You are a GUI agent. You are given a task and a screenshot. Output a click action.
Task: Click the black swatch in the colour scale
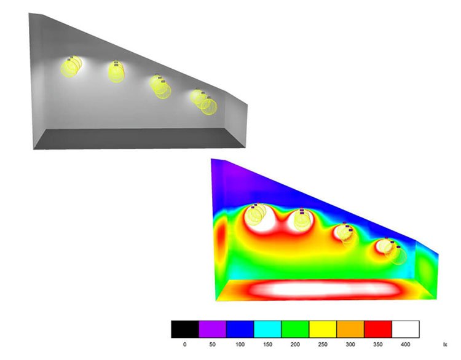point(184,329)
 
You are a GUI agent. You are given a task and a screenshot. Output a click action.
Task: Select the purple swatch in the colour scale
point(212,329)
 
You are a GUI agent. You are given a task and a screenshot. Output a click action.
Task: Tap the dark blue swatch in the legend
point(240,329)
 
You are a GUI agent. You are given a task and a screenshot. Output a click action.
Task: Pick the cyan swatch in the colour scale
point(267,329)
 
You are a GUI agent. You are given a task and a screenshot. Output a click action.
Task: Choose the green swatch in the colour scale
point(295,329)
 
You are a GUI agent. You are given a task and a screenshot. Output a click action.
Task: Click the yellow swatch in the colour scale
point(323,329)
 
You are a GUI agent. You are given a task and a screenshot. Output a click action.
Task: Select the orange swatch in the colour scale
point(350,329)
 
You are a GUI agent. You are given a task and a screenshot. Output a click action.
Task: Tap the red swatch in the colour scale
point(378,329)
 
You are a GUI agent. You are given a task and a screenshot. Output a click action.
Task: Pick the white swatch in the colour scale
point(406,329)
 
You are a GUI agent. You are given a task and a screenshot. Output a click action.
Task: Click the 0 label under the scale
point(184,345)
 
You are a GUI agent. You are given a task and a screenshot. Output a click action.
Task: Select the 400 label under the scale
point(405,345)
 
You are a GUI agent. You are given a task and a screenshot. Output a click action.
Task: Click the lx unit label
point(444,345)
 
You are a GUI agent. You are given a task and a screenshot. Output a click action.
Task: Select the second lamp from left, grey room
point(116,71)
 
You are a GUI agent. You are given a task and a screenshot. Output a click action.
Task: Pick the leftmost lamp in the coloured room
point(257,215)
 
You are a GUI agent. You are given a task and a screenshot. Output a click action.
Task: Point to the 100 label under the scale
point(240,345)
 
